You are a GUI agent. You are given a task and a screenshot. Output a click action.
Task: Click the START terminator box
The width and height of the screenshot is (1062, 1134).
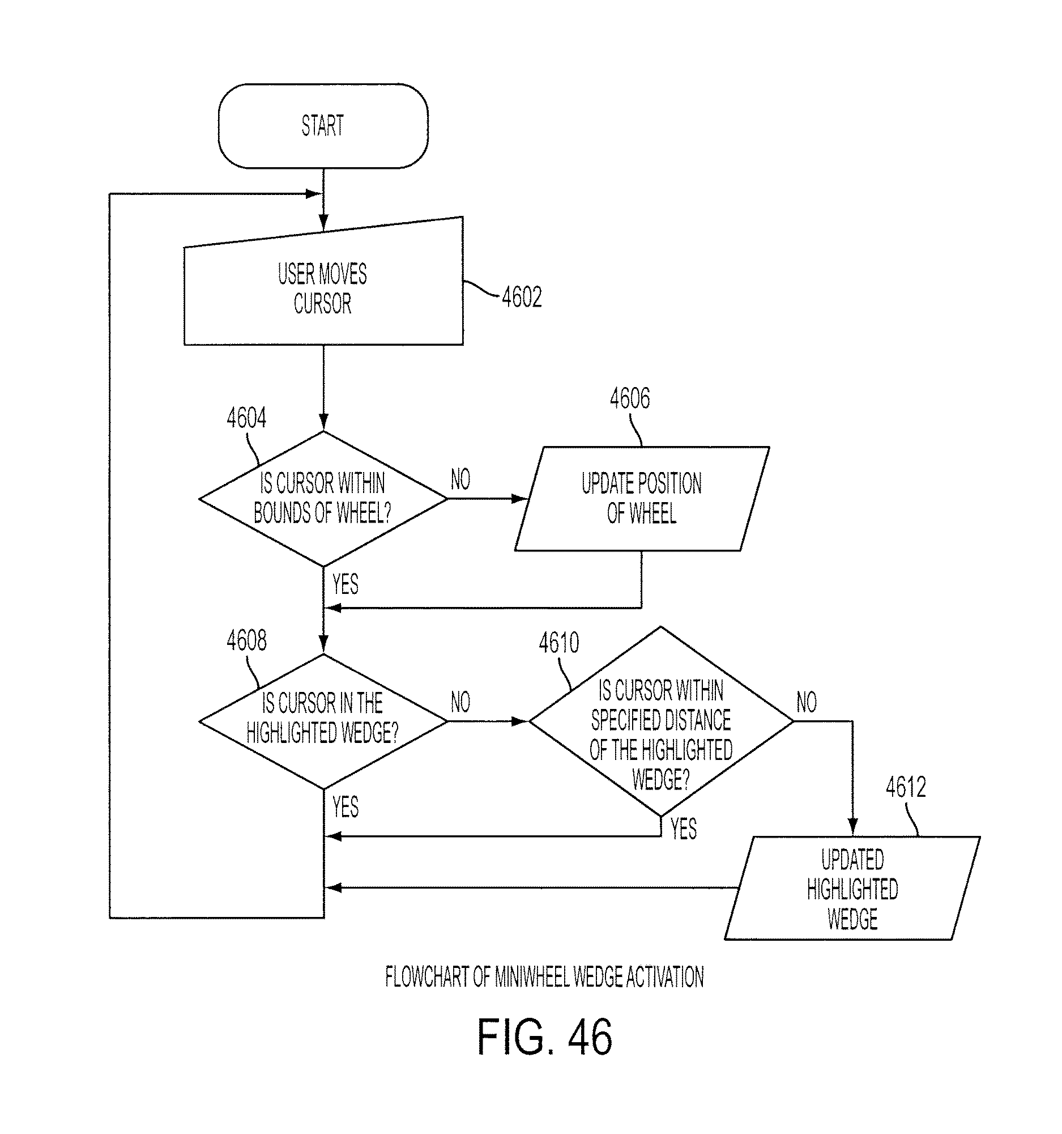(x=323, y=126)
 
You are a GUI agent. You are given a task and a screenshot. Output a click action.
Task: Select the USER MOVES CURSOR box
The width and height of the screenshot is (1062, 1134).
(x=323, y=281)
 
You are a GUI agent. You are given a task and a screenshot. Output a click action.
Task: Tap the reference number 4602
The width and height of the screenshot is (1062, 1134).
(x=522, y=297)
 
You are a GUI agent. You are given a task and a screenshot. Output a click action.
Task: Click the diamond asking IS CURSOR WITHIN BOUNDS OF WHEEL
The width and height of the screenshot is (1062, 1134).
(x=323, y=499)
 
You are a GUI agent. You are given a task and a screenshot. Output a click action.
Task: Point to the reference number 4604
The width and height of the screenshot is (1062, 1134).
(x=246, y=418)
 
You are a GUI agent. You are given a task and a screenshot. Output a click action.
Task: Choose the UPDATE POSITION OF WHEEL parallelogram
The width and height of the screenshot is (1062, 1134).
(x=642, y=499)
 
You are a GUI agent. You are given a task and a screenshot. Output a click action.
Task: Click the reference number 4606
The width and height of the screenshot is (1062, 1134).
(x=630, y=398)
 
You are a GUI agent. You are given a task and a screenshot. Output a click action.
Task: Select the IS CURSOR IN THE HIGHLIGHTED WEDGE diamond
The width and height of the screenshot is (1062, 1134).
(x=323, y=721)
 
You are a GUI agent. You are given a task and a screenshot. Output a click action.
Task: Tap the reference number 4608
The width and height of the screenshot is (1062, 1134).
(x=246, y=640)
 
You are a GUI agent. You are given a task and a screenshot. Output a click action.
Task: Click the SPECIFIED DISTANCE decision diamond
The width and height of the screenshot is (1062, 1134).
(x=661, y=721)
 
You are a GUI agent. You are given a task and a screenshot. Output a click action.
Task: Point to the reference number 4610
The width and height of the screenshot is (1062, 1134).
(x=559, y=643)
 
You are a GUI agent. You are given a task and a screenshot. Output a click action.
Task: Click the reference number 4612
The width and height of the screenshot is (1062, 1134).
(x=906, y=787)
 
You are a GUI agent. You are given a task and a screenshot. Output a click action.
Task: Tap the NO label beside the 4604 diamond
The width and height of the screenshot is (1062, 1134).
(x=460, y=479)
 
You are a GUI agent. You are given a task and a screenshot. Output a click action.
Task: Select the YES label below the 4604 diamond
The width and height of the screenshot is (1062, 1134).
(x=346, y=584)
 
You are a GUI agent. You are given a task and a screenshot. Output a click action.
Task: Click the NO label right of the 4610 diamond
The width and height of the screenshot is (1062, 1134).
(x=807, y=702)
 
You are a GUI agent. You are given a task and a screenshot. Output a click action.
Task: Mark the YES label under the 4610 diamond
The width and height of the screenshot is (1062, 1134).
(x=684, y=829)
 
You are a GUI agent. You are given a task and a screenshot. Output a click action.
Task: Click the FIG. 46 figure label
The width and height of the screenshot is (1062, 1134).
(x=544, y=1037)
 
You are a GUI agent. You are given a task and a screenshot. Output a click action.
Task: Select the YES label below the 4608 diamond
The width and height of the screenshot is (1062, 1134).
(x=346, y=807)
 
